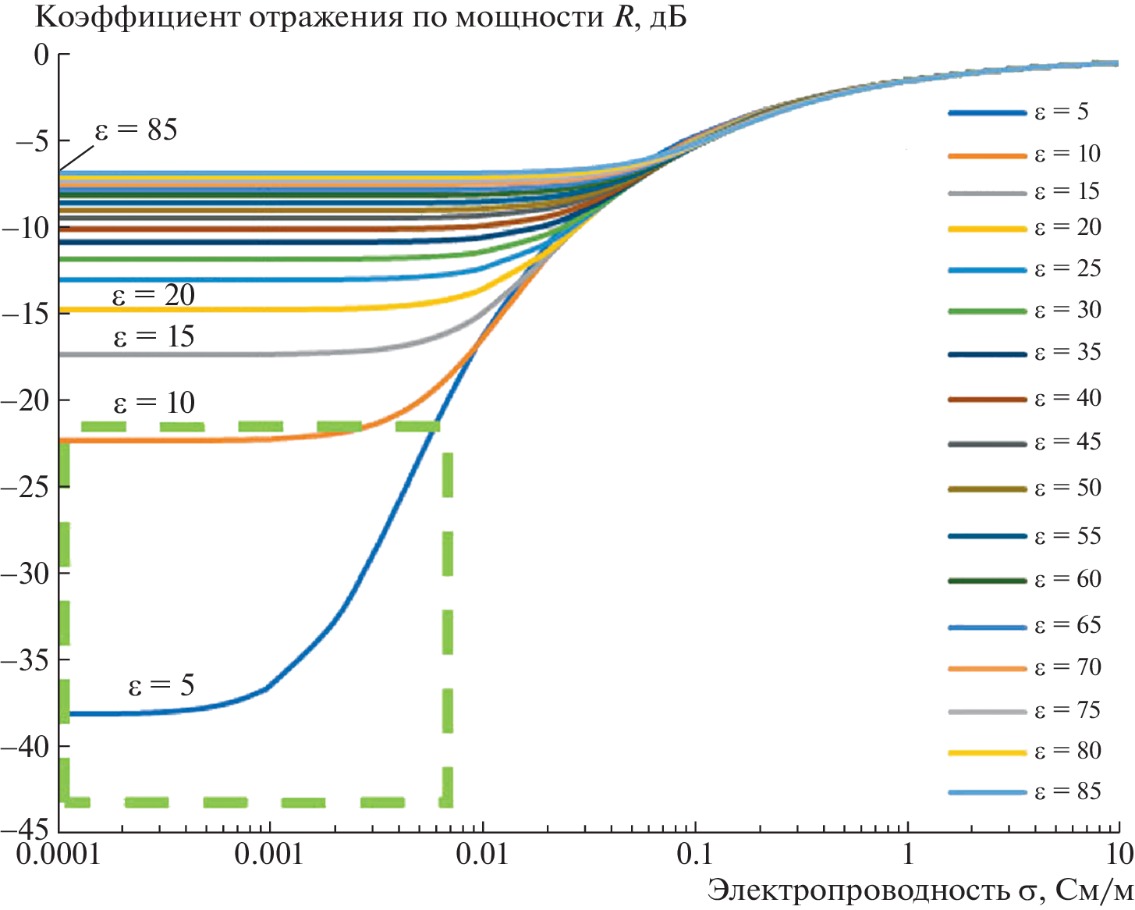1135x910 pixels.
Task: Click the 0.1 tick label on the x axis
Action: pyautogui.click(x=694, y=855)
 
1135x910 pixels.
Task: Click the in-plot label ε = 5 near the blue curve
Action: pyautogui.click(x=161, y=686)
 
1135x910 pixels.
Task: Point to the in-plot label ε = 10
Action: pyautogui.click(x=154, y=403)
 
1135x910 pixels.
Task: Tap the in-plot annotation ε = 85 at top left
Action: pyautogui.click(x=137, y=130)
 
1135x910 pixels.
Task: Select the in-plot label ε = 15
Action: pyautogui.click(x=154, y=337)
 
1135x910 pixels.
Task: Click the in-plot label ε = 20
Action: pyautogui.click(x=154, y=296)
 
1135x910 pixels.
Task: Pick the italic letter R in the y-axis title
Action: pyautogui.click(x=621, y=17)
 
